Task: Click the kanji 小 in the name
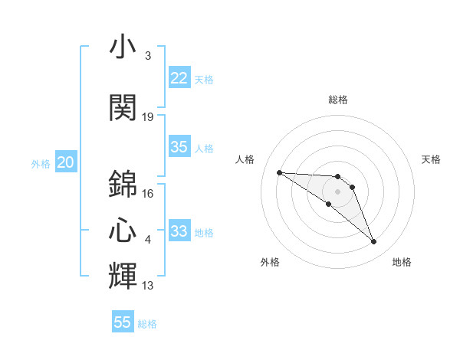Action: coord(123,47)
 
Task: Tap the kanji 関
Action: coord(123,107)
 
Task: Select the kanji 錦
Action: coord(123,184)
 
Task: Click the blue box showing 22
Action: coord(179,78)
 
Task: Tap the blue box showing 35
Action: coord(179,148)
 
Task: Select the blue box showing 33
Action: coord(179,231)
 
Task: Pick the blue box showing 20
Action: coord(66,162)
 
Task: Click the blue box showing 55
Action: coord(123,322)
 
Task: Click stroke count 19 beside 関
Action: coord(148,117)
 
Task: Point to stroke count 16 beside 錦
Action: coord(148,194)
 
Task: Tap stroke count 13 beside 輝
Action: coord(148,286)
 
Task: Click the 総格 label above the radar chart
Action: coord(338,100)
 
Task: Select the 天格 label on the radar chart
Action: coord(431,159)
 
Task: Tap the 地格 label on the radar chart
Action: coord(402,262)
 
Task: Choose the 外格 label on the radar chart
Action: coord(270,262)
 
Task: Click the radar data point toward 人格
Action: coord(279,172)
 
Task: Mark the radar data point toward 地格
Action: coord(374,242)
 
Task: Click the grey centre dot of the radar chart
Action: coord(338,191)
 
